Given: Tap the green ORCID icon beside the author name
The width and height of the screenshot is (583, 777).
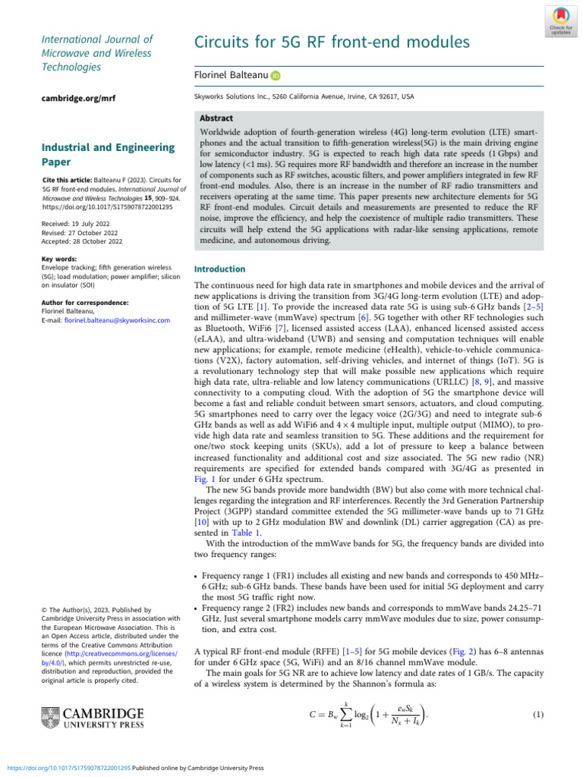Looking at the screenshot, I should pos(276,76).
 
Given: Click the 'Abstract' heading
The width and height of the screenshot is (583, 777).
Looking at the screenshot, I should pos(216,119).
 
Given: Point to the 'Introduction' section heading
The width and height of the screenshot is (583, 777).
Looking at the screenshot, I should pos(220,269).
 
